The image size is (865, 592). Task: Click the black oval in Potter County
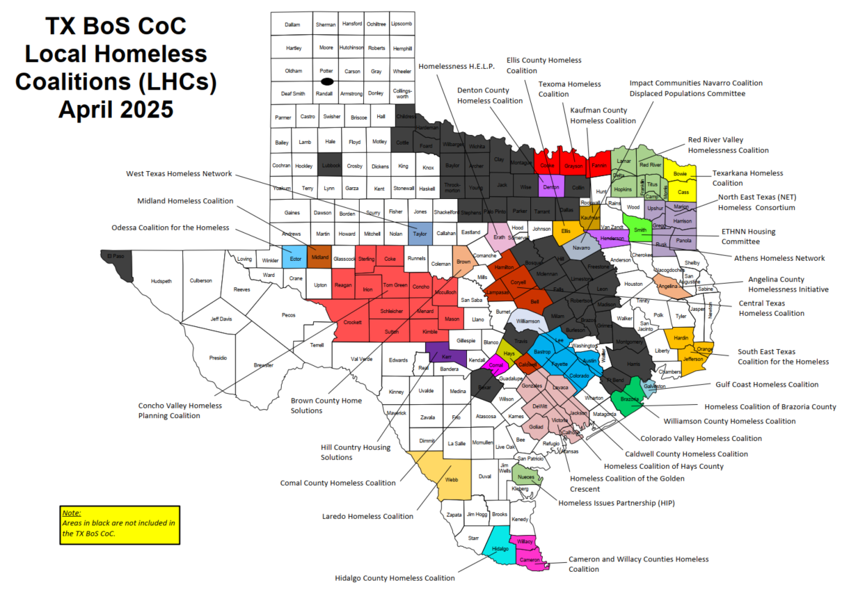click(x=326, y=81)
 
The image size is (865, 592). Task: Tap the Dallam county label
click(x=292, y=24)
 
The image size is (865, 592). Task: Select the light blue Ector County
click(x=294, y=257)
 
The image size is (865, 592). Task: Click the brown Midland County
click(x=319, y=257)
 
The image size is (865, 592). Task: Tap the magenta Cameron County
click(x=530, y=559)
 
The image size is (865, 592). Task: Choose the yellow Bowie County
click(x=680, y=173)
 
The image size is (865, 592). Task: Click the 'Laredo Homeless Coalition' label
click(x=367, y=516)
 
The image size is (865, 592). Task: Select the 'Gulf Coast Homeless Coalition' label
click(x=767, y=384)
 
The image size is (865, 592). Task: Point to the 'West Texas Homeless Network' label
click(x=179, y=174)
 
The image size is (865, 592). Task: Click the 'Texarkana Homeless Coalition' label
click(x=747, y=178)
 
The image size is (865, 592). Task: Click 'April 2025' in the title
click(x=116, y=109)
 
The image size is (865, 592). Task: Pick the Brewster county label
click(x=263, y=365)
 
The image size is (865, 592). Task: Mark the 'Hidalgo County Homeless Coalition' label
click(x=395, y=578)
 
